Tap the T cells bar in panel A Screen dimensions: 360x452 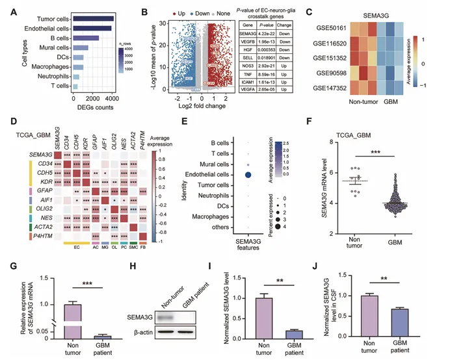(x=75, y=86)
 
